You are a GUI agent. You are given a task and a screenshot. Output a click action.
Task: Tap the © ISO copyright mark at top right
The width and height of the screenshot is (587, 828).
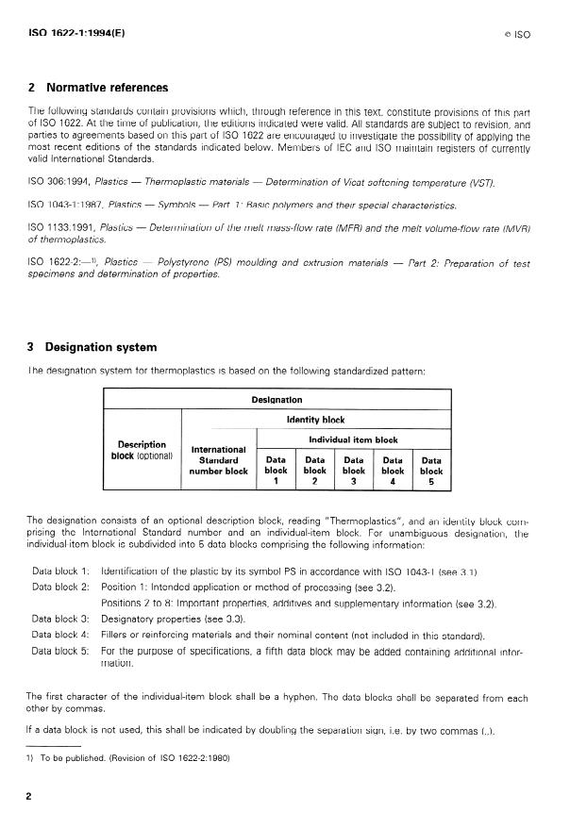pos(517,33)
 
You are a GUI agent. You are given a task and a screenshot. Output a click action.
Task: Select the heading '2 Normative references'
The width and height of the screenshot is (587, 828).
pos(98,88)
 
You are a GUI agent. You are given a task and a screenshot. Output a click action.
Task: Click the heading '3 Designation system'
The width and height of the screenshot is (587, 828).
pos(92,346)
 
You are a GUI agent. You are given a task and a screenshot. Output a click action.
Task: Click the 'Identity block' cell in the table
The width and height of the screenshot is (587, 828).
pos(315,420)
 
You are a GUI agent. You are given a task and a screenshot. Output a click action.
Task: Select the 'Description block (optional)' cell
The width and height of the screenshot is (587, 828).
pos(142,450)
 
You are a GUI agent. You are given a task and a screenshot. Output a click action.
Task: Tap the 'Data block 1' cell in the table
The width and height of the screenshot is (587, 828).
pos(276,469)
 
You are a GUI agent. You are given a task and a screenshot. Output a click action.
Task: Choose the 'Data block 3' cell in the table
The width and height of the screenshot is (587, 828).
pos(353,469)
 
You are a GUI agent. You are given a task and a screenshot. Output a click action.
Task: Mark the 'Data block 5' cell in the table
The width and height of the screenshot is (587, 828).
pos(431,469)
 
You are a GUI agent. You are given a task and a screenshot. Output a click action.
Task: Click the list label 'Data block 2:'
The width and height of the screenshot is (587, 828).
pos(60,588)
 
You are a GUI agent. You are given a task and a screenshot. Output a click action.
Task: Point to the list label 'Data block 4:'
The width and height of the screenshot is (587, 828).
pos(60,635)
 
